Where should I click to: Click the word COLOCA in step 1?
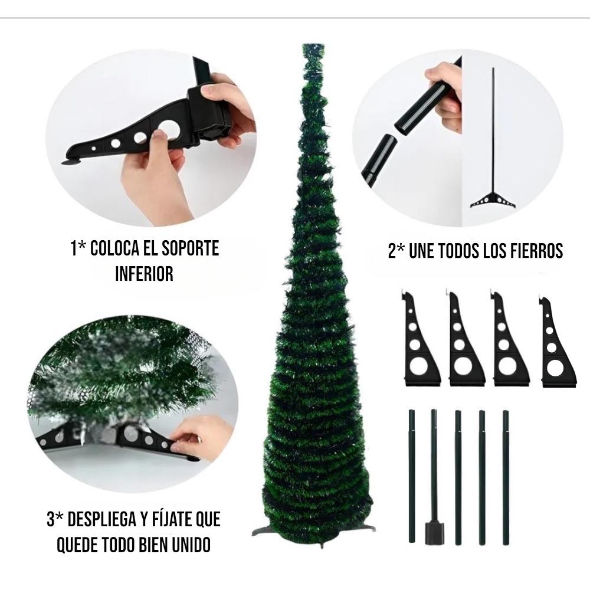click(x=116, y=248)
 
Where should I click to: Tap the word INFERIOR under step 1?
click(x=145, y=274)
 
